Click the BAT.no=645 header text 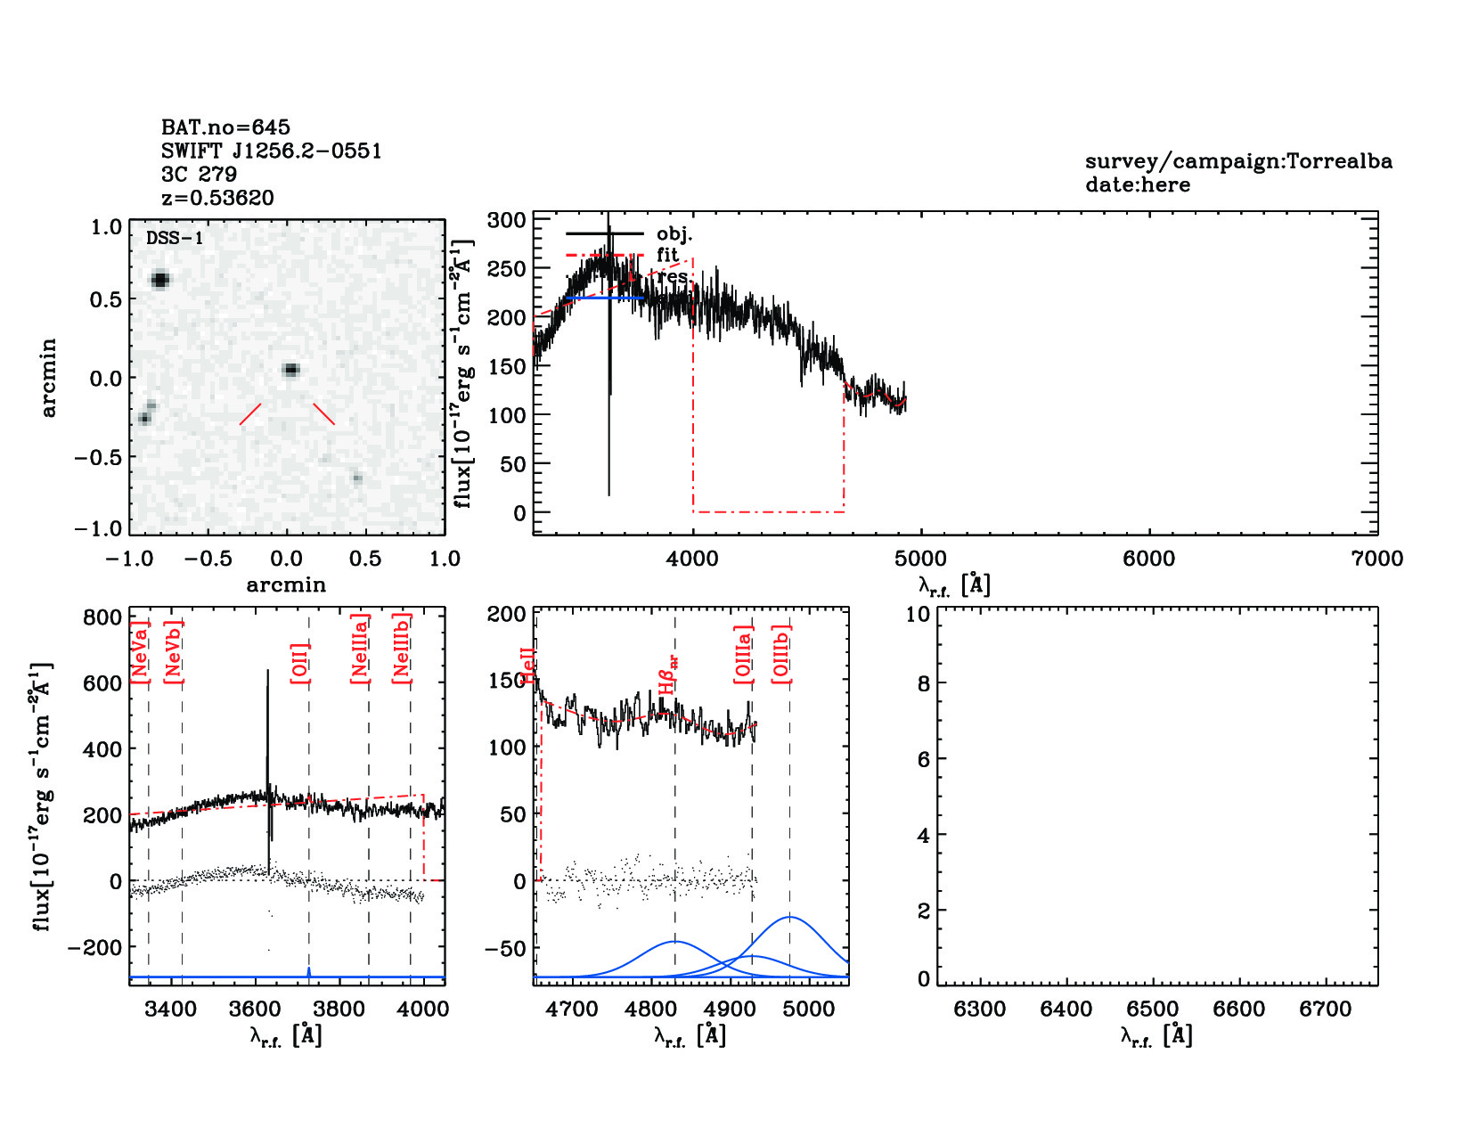(x=225, y=127)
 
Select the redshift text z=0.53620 (x=217, y=198)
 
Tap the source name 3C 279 (x=199, y=175)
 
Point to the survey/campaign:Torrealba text (x=1238, y=162)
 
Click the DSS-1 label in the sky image (x=175, y=239)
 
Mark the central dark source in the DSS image (x=290, y=370)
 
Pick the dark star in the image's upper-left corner (x=159, y=280)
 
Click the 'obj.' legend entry (x=674, y=234)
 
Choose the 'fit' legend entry (x=667, y=255)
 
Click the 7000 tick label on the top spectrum (x=1376, y=559)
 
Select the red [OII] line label (x=300, y=663)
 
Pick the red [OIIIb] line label (x=781, y=654)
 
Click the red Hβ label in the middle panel (x=668, y=675)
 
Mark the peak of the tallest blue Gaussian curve (x=789, y=917)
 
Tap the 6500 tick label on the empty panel (x=1153, y=1009)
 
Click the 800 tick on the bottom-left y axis (x=102, y=617)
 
